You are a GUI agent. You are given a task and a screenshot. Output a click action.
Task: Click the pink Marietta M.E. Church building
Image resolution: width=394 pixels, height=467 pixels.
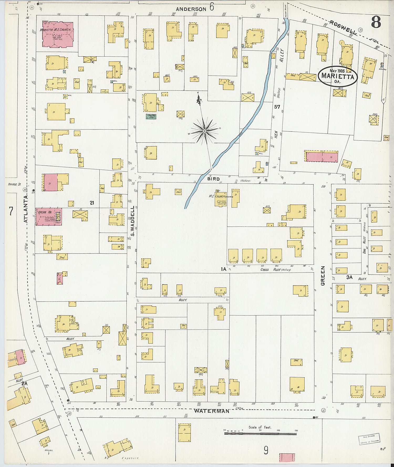coord(58,35)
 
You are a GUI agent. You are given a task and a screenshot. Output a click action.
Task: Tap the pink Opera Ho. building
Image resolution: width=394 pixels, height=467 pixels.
coord(49,217)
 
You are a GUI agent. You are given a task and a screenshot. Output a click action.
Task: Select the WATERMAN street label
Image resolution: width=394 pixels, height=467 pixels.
coord(211,411)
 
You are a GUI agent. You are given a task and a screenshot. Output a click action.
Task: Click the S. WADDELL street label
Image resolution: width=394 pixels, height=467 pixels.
coord(133,221)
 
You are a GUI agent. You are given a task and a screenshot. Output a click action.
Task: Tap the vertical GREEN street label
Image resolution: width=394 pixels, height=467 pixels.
coord(323,276)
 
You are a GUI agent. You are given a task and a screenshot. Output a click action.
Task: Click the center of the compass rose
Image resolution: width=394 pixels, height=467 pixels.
coord(204,131)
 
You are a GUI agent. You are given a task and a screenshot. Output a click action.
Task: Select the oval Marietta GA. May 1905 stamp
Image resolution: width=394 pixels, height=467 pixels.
coord(338,76)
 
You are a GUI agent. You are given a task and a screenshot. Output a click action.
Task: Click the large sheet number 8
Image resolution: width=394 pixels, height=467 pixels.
coord(376,23)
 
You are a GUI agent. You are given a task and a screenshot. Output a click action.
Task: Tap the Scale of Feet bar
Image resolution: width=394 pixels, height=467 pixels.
coord(260,433)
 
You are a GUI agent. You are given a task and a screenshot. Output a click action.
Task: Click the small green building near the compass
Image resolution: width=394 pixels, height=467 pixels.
coord(151,117)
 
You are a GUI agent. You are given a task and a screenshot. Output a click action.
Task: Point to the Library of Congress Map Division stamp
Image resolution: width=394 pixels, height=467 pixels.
coord(369,439)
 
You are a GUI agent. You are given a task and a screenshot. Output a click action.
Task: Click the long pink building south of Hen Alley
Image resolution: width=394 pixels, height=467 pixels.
coord(322,156)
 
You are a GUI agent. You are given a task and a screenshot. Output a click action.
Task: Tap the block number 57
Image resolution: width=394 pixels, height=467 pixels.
coord(277,107)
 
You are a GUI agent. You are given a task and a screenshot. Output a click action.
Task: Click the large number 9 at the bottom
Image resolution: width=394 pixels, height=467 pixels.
coord(266,450)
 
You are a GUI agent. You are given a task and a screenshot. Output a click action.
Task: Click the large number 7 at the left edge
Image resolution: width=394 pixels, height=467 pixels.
coord(11,211)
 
